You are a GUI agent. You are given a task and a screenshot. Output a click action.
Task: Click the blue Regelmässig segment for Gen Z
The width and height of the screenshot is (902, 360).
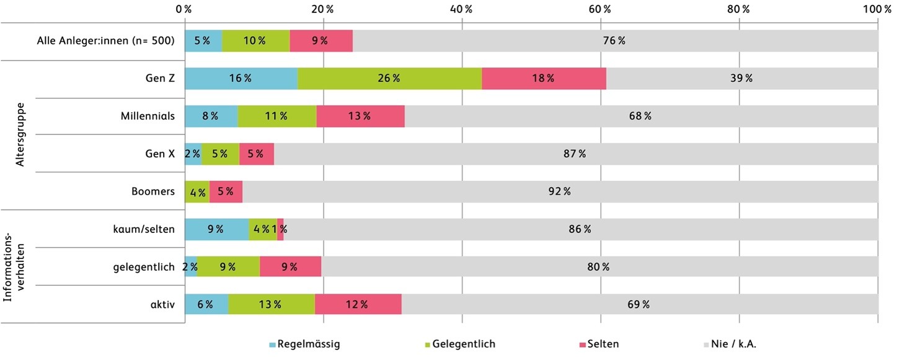point(241,79)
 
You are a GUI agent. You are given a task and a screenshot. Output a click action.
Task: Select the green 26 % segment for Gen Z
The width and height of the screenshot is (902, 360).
point(390,79)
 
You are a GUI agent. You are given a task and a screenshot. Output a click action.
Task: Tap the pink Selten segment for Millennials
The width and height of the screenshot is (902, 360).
point(360,116)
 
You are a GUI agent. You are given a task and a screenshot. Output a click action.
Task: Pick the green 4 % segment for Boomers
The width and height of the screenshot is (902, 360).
point(197,192)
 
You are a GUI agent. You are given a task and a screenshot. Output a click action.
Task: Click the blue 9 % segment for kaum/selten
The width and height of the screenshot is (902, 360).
point(217,229)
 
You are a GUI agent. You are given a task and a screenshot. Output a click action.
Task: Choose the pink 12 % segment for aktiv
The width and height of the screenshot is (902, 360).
point(358,304)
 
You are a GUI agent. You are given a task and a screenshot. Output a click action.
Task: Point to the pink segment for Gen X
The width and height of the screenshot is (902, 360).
point(257,154)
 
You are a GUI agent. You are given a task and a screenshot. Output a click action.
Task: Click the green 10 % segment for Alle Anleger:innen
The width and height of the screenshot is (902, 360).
point(255,41)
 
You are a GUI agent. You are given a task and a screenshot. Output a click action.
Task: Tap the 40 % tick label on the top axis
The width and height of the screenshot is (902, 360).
point(461,9)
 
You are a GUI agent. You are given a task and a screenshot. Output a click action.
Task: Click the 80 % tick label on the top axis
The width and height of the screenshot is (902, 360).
point(738,9)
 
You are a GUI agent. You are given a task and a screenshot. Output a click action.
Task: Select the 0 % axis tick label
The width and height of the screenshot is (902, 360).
point(183,9)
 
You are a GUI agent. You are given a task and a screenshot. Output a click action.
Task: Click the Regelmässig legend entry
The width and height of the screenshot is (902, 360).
point(305,345)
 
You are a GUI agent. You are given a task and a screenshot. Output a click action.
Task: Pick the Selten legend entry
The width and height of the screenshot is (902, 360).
point(599,345)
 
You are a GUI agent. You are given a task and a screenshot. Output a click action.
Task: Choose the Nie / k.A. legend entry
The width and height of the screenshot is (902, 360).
point(730,345)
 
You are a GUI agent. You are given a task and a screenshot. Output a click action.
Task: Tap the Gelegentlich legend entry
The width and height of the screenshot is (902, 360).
point(460,345)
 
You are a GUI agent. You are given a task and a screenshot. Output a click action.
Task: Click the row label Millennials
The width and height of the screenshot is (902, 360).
point(148,116)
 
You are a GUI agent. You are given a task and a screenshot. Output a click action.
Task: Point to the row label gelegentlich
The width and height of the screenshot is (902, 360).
point(144,268)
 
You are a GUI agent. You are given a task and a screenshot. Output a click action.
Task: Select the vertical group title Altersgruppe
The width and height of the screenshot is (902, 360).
point(20,134)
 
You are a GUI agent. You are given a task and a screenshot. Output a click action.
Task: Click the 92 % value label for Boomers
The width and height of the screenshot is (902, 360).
point(559,191)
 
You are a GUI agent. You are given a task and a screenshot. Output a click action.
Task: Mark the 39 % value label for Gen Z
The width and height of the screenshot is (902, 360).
point(741,78)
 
